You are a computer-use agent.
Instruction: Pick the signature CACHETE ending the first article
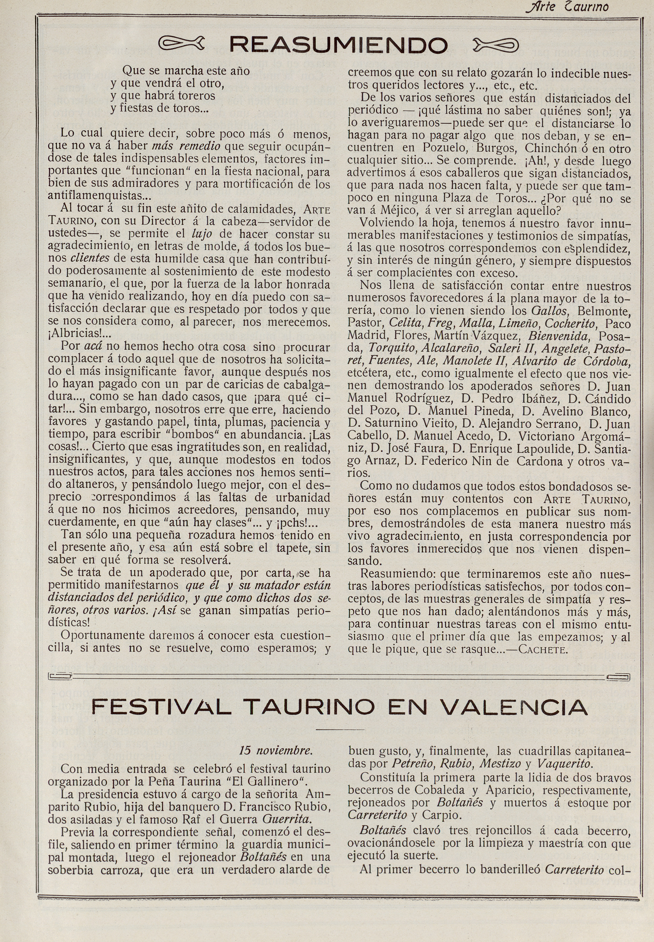pos(543,650)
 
